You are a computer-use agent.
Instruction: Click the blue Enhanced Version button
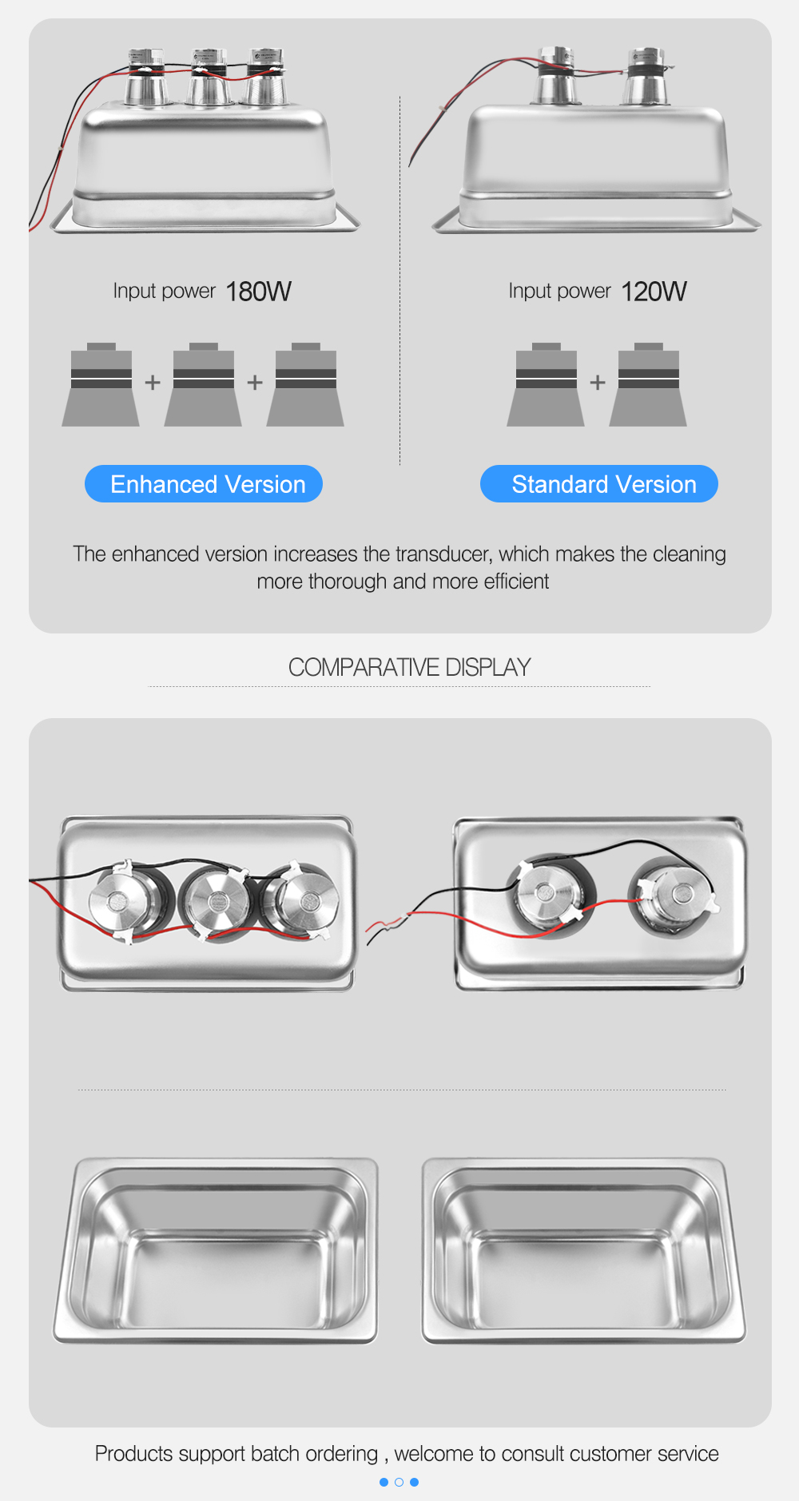pos(204,484)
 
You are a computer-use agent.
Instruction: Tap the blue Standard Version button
pos(599,484)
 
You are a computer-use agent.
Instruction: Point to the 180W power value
pos(259,292)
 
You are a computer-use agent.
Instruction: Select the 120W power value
pos(654,292)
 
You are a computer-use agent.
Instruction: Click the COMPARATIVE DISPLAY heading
pos(409,667)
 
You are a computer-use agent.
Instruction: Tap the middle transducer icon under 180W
pos(203,384)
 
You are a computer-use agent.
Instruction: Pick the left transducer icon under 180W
pos(101,384)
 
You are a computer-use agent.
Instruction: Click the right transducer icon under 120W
pos(648,384)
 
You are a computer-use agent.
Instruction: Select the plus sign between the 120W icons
pos(598,383)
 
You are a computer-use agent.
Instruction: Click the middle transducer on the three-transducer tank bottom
pos(216,903)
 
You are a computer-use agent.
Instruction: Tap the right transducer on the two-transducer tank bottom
pos(673,894)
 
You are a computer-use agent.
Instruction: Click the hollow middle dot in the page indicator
pos(399,1482)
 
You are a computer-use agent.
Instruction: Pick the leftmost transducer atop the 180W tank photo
pos(146,77)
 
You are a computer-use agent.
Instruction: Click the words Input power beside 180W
pos(164,291)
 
